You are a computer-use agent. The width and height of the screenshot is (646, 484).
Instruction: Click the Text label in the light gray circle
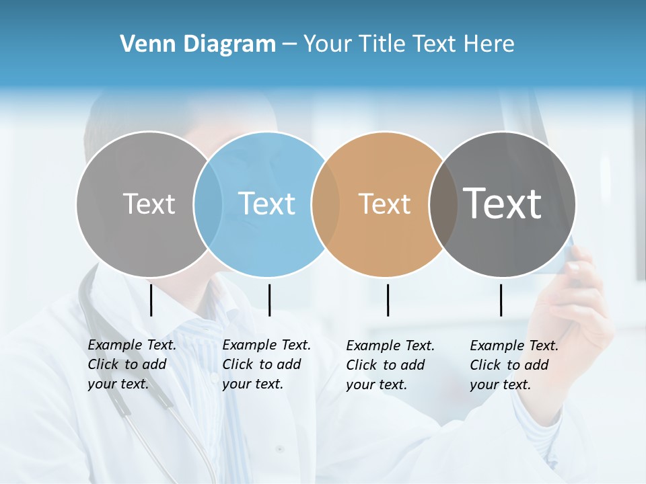(149, 204)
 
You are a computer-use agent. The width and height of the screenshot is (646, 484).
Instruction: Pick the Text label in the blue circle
(266, 204)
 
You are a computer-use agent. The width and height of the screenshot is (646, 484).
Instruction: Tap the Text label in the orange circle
(384, 204)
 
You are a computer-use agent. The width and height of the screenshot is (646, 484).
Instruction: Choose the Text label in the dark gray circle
(502, 204)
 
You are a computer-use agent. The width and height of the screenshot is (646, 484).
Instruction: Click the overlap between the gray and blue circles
(208, 204)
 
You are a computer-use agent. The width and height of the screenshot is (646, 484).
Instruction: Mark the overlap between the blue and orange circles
(326, 204)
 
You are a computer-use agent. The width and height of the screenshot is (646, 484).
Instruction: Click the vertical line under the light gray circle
(151, 300)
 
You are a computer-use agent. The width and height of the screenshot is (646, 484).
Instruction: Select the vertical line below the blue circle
(269, 300)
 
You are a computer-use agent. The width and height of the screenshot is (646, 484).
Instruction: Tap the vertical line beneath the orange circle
(388, 300)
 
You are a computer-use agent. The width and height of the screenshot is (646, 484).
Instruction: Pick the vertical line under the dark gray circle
(501, 300)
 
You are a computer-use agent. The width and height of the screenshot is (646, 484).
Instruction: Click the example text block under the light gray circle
(131, 364)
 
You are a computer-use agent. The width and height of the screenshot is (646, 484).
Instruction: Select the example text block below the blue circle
(266, 364)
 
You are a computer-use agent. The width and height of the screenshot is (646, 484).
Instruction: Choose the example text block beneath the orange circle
(390, 365)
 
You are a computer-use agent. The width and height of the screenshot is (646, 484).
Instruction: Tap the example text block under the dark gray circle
(513, 365)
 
